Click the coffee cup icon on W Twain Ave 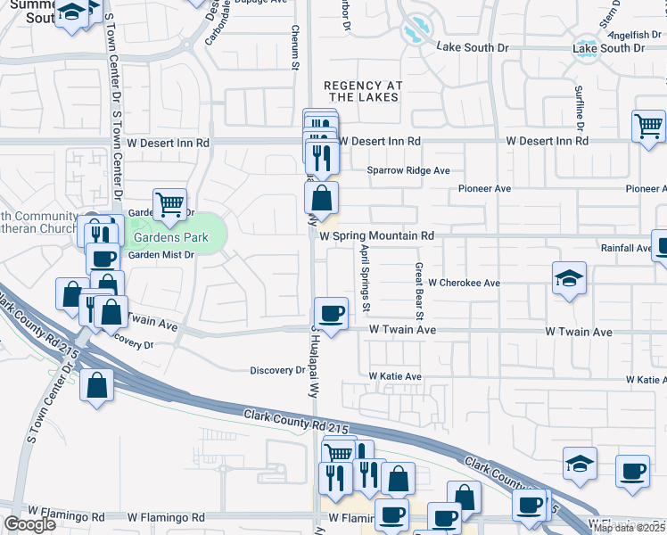[332, 314]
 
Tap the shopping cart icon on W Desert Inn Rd [648, 126]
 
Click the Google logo [29, 524]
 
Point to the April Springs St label [364, 279]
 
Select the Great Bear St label [417, 292]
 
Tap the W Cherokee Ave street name [464, 283]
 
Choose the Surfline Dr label [579, 103]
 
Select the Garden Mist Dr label [161, 254]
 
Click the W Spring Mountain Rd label [375, 235]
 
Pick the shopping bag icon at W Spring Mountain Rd [321, 197]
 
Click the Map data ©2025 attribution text [629, 528]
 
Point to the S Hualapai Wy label [315, 352]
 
